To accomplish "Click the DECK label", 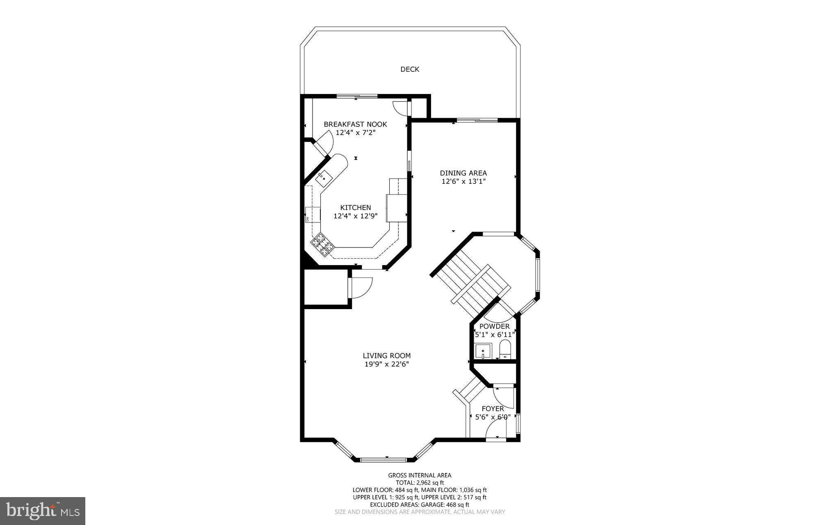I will pyautogui.click(x=410, y=69).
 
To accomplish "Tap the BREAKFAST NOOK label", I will pyautogui.click(x=355, y=124).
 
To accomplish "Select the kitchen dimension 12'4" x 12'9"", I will pyautogui.click(x=355, y=216).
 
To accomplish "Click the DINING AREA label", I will pyautogui.click(x=463, y=173).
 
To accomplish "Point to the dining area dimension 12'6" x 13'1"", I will pyautogui.click(x=463, y=181).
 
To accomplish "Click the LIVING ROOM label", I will pyautogui.click(x=386, y=356).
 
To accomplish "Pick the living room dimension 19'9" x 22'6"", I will pyautogui.click(x=386, y=364).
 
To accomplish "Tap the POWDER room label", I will pyautogui.click(x=494, y=326).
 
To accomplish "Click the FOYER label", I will pyautogui.click(x=493, y=409).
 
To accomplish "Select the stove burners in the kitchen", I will pyautogui.click(x=322, y=245).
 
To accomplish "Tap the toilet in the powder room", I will pyautogui.click(x=505, y=350).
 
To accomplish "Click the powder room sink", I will pyautogui.click(x=483, y=351).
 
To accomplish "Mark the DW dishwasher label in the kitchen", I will pyautogui.click(x=307, y=219).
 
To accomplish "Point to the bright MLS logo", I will pyautogui.click(x=43, y=511).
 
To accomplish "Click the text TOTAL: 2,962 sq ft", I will pyautogui.click(x=420, y=483).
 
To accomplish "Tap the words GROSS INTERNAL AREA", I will pyautogui.click(x=420, y=475).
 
